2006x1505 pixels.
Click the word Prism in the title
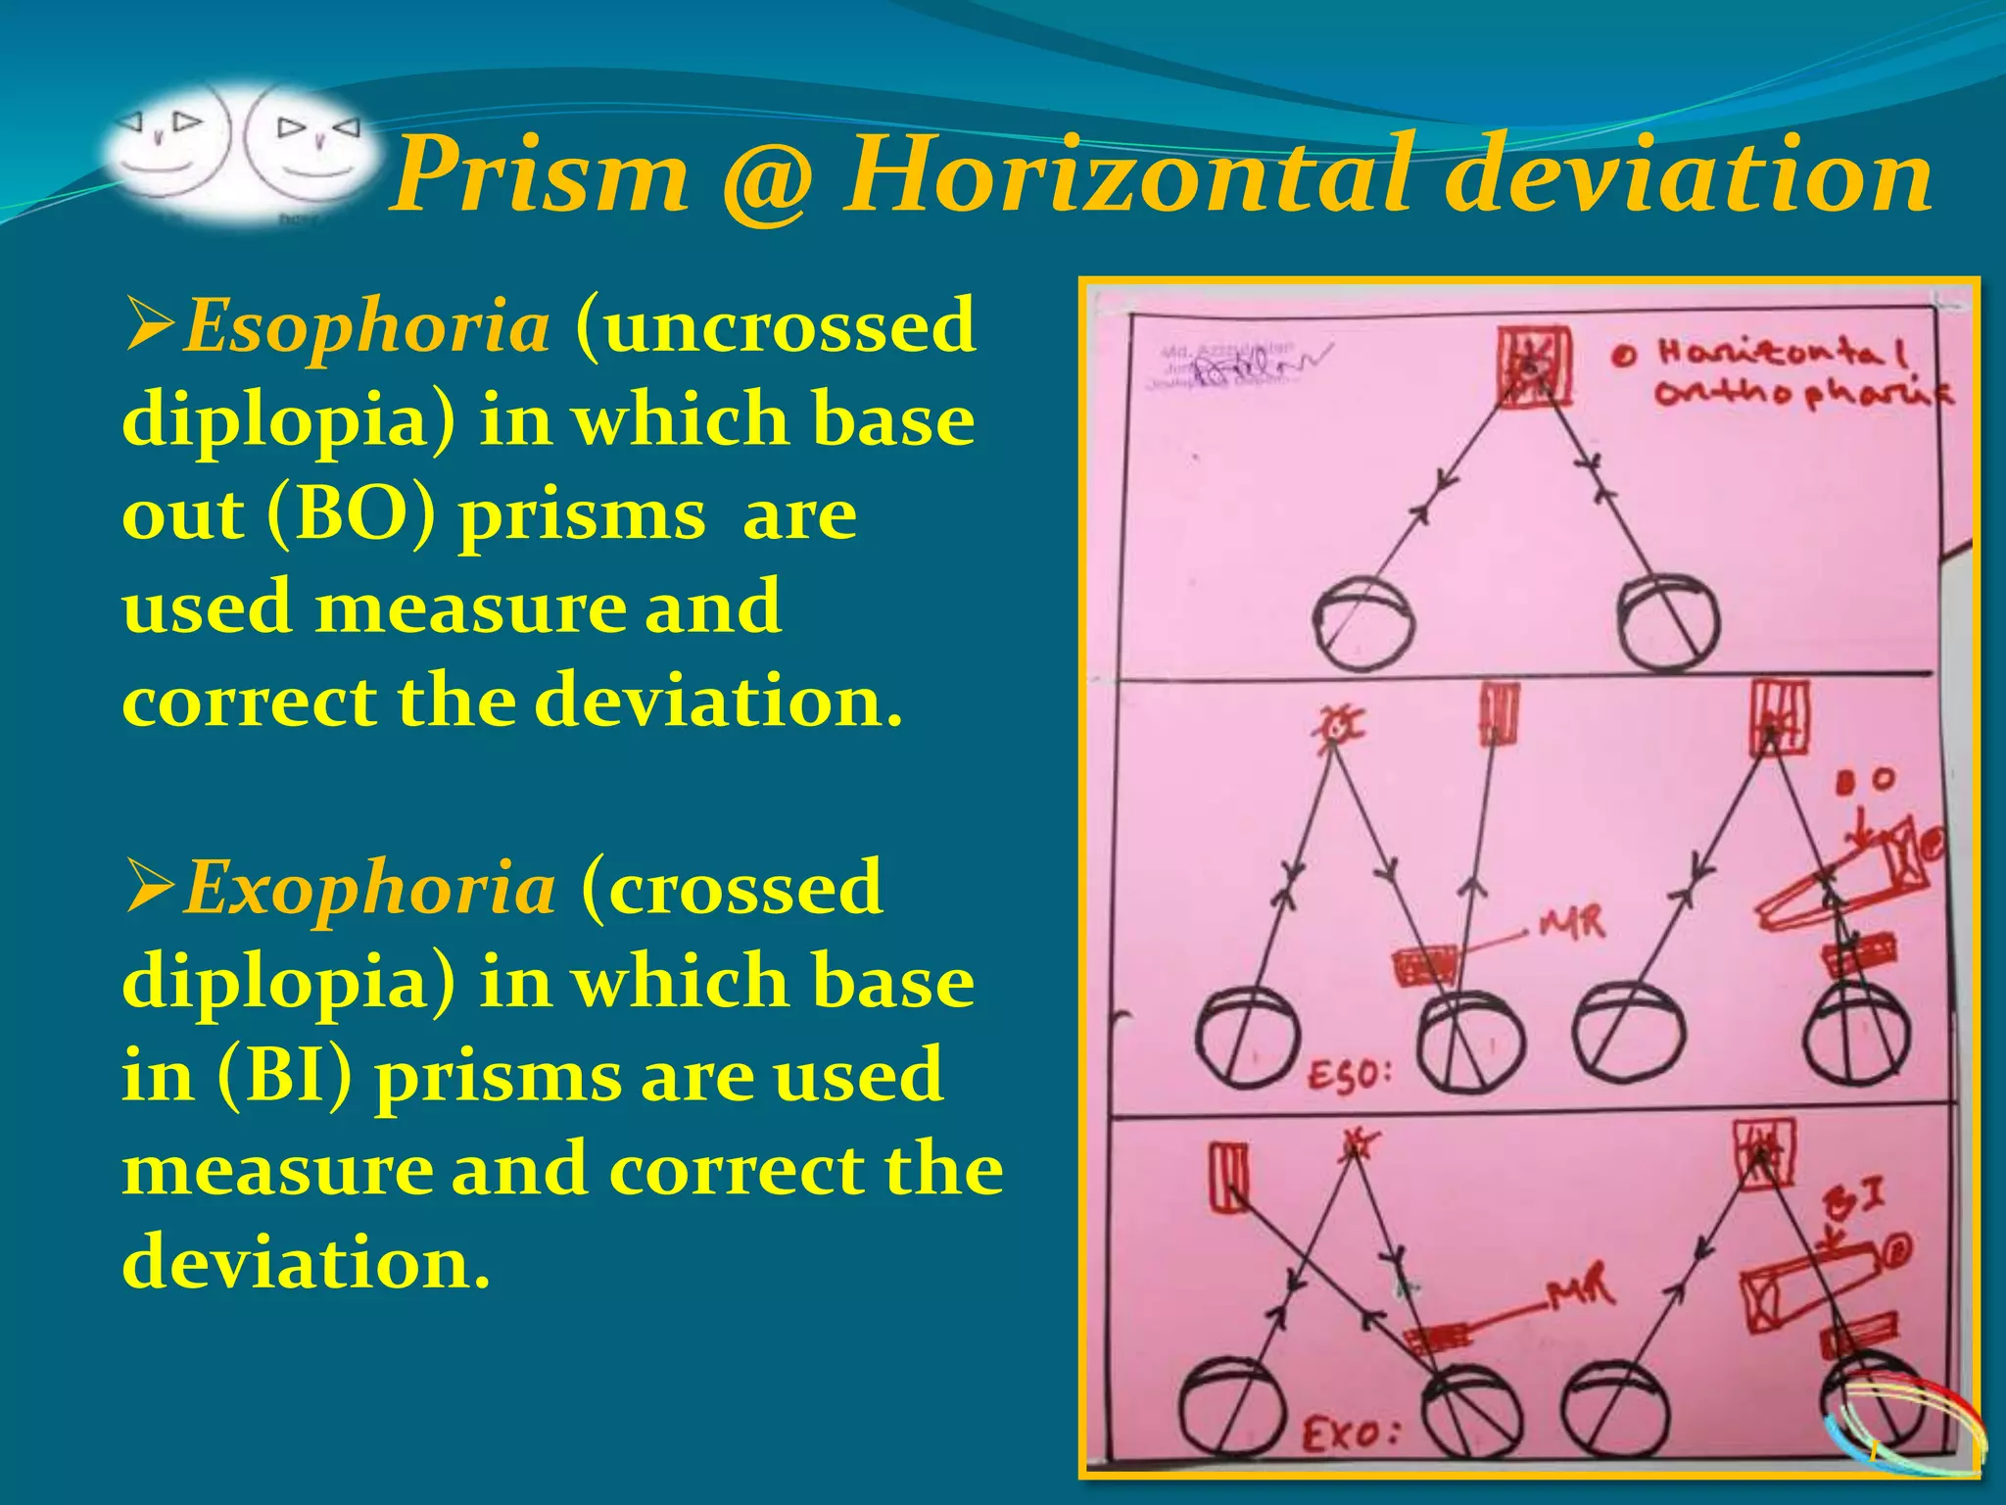[540, 174]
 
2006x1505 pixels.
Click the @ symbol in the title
[766, 178]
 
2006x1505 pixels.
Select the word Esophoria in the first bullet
[366, 326]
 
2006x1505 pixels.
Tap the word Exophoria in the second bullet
[369, 888]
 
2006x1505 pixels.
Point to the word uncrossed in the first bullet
[776, 326]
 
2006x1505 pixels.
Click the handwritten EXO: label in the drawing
[1348, 1435]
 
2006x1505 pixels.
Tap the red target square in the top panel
[1534, 367]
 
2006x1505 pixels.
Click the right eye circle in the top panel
[1668, 622]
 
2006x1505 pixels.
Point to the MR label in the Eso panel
[1571, 923]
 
